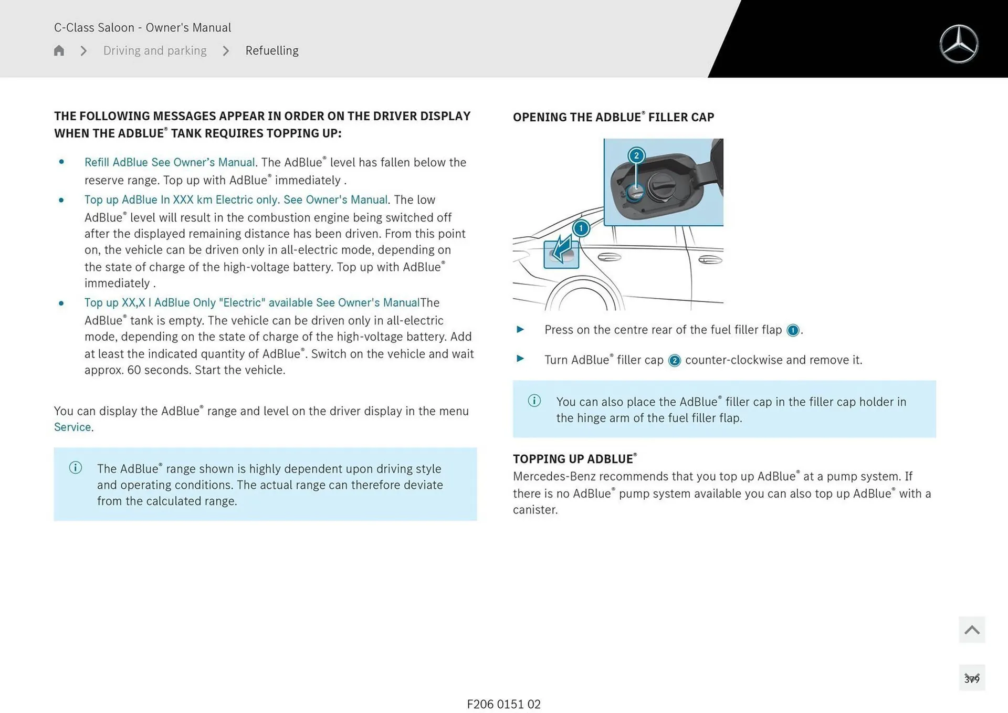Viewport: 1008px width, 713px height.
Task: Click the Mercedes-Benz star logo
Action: coord(959,44)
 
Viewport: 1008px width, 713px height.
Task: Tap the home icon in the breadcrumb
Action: coord(59,50)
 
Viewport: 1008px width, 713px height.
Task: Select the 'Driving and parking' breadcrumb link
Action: coord(155,50)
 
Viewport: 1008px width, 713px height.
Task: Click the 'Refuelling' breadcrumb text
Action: coord(271,50)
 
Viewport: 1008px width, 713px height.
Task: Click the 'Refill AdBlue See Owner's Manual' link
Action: coord(170,162)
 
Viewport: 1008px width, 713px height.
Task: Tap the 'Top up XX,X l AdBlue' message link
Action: coord(251,302)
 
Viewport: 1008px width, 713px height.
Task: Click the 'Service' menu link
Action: coord(72,427)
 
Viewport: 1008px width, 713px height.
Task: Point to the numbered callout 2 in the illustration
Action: coord(636,155)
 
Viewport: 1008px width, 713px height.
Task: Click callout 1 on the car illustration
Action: coord(581,228)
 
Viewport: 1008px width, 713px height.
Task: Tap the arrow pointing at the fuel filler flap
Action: coord(562,249)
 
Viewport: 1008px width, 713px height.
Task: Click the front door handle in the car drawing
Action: coord(710,259)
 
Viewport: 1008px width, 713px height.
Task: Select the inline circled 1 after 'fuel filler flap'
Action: coord(793,330)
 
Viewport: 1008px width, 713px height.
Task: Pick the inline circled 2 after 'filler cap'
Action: coord(674,361)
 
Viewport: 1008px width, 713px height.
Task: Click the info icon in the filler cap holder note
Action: coord(534,401)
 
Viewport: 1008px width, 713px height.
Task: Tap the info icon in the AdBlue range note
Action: coord(76,467)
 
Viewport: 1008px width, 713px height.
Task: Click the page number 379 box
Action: coord(972,678)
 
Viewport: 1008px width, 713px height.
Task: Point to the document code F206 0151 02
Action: coord(503,704)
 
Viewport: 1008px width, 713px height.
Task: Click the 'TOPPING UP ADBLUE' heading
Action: coord(574,458)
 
